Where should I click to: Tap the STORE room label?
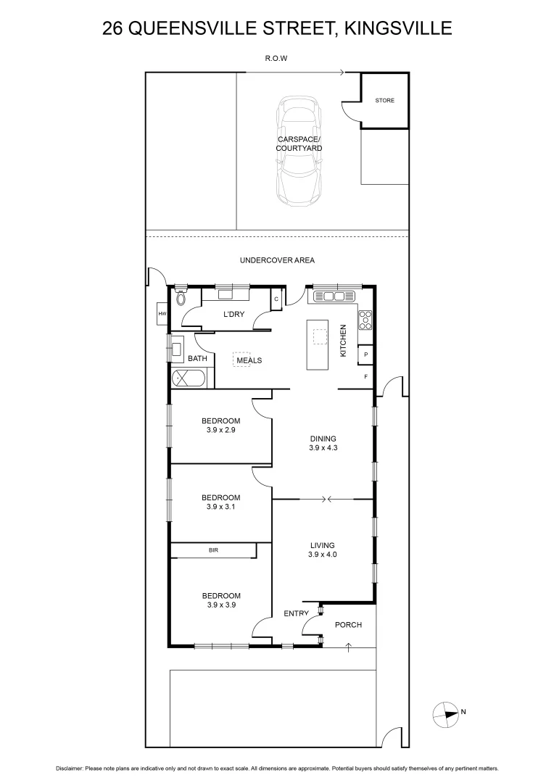[x=385, y=100]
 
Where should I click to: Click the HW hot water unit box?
[x=162, y=314]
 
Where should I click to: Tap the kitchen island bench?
[x=319, y=344]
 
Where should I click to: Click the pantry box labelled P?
[x=366, y=355]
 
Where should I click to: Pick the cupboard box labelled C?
[x=276, y=299]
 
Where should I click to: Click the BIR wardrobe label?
[x=213, y=551]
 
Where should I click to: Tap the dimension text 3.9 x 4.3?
[x=323, y=448]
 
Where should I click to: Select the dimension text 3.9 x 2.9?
[x=220, y=430]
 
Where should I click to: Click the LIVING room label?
[x=323, y=545]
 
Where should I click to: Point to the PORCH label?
[x=348, y=625]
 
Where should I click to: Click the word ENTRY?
[x=296, y=614]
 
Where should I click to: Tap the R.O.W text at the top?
[x=277, y=59]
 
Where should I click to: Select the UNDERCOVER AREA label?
[x=277, y=260]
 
